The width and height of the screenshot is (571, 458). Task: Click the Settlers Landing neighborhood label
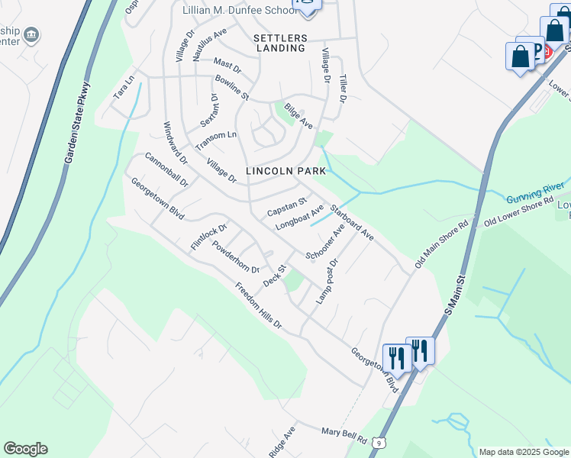[x=281, y=43]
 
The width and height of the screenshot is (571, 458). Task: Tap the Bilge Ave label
[x=298, y=114]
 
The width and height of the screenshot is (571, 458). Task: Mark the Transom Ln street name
[x=216, y=140]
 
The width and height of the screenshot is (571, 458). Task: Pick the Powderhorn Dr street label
[x=236, y=257]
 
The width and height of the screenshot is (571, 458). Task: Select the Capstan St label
[x=286, y=206]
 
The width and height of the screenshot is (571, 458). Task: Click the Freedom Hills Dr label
[x=259, y=306]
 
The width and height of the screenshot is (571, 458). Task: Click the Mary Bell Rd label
[x=344, y=436]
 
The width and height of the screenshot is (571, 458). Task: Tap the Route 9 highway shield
[x=379, y=442]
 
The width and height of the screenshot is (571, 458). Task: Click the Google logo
[x=25, y=449]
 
